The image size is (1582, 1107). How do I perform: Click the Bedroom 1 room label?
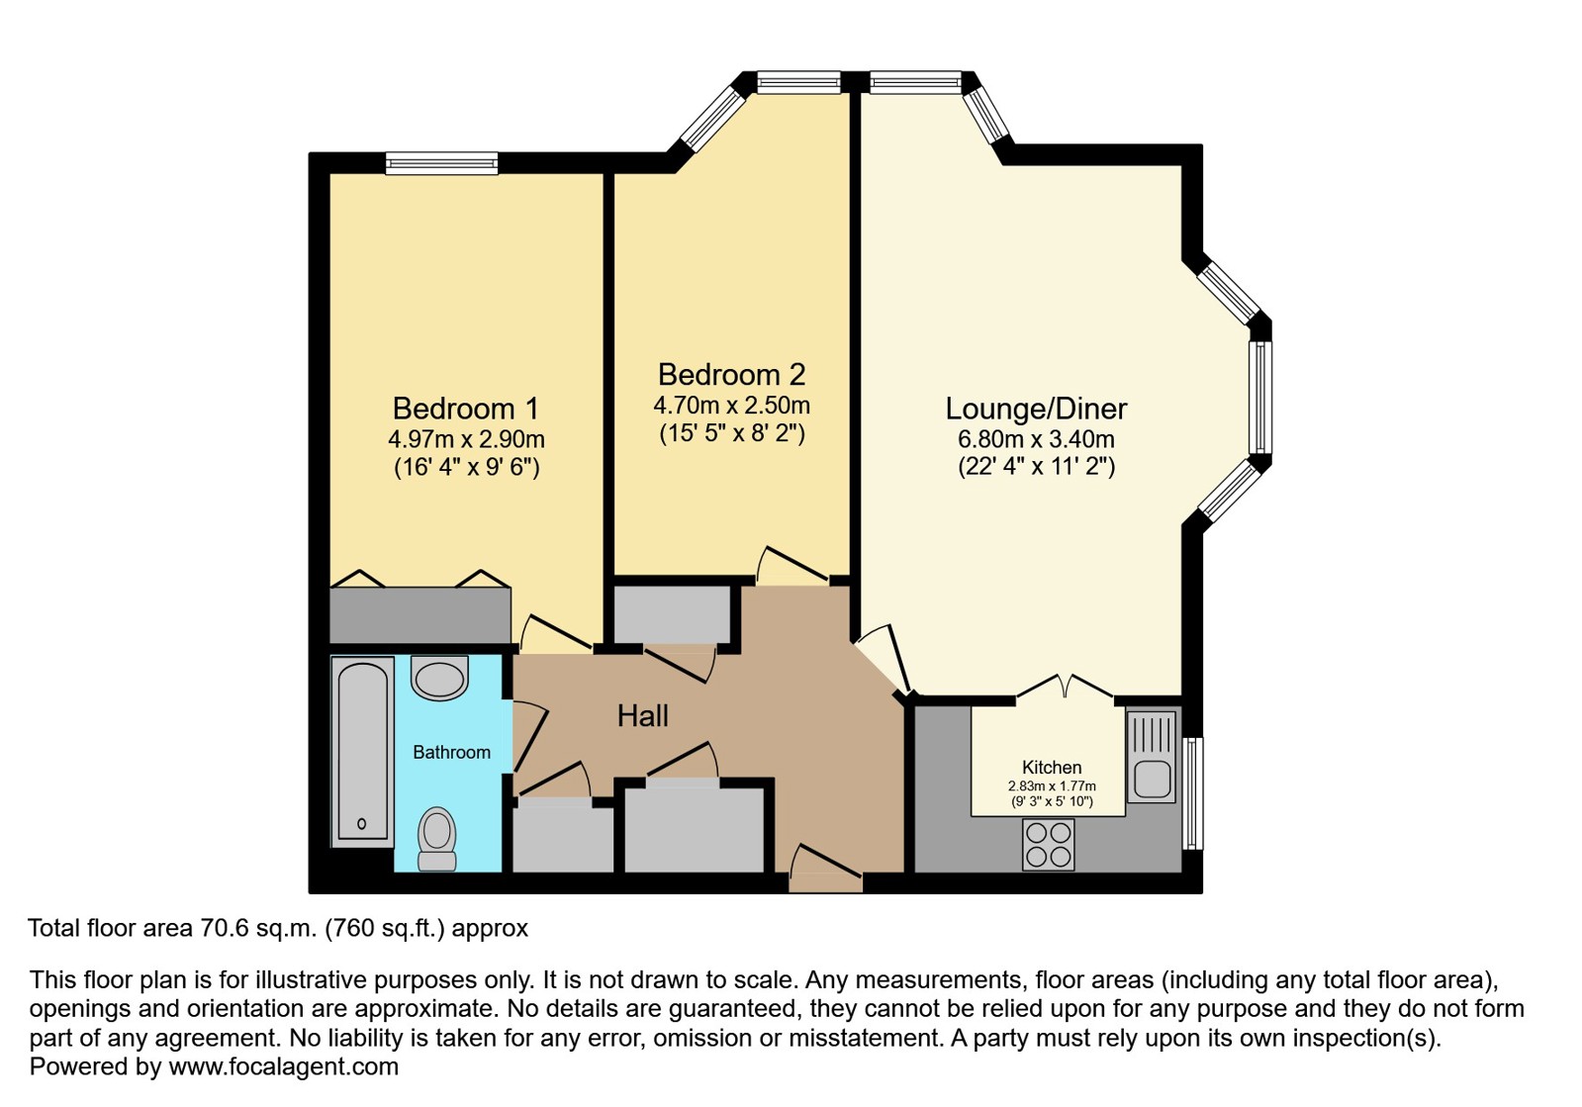[x=465, y=409]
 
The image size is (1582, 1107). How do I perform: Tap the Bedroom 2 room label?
[x=732, y=375]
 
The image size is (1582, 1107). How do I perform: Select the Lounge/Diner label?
[x=1036, y=410]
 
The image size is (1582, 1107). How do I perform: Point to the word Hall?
[x=643, y=716]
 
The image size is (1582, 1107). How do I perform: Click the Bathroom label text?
[x=451, y=753]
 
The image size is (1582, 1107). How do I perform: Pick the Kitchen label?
[x=1052, y=768]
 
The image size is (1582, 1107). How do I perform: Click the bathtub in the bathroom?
[x=362, y=752]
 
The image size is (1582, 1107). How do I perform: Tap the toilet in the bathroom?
[x=437, y=839]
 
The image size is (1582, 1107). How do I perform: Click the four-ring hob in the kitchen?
[x=1049, y=845]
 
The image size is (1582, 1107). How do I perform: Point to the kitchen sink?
[x=1152, y=757]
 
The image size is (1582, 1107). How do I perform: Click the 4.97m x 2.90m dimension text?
[x=466, y=440]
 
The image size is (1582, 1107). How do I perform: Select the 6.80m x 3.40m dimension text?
[x=1036, y=440]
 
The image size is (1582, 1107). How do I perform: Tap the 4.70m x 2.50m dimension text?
[x=732, y=406]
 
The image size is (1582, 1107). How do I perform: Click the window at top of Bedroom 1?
[x=442, y=164]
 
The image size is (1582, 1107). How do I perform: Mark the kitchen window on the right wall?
[x=1193, y=793]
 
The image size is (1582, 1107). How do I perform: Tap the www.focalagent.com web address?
[x=283, y=1066]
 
